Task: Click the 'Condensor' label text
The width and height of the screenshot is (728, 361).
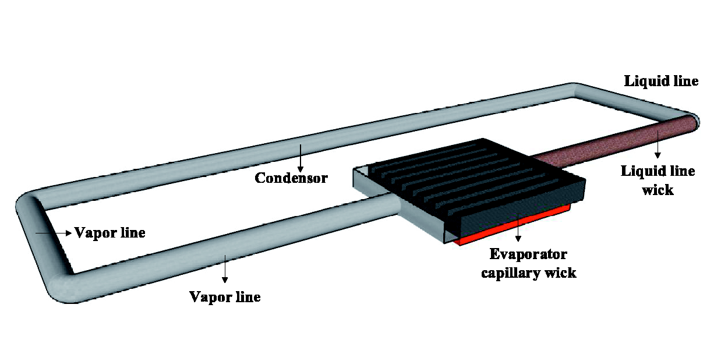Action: tap(291, 178)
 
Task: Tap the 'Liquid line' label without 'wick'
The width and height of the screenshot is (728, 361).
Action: tap(661, 81)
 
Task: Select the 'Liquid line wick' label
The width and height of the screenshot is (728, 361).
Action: tap(658, 180)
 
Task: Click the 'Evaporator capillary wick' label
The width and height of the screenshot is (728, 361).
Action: tap(528, 263)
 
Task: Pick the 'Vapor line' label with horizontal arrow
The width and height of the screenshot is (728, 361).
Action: tap(110, 233)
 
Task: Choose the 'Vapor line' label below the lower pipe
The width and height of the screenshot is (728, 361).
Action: tap(225, 297)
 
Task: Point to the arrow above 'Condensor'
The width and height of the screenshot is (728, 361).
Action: tap(301, 158)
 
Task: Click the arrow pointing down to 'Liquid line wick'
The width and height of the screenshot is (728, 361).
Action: tap(658, 144)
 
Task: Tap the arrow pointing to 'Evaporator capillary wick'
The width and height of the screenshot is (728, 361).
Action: tap(518, 227)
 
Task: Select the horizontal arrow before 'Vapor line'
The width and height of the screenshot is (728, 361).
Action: tap(54, 233)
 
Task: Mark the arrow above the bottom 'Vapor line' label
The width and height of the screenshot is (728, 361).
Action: tap(225, 269)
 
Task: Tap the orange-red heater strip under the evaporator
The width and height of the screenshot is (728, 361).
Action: tap(514, 225)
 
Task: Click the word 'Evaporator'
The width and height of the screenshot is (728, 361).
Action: tap(528, 254)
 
